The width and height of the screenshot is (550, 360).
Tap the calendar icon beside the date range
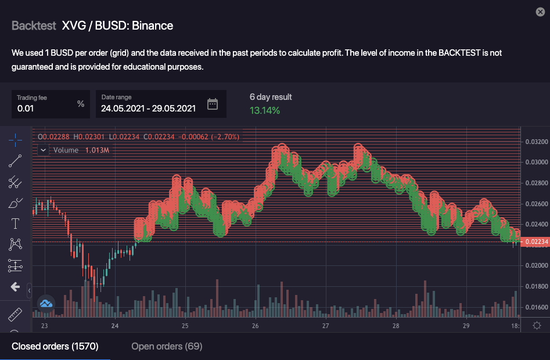coord(213,104)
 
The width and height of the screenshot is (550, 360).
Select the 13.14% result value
coord(265,110)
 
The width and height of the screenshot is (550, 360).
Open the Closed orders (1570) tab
coord(55,347)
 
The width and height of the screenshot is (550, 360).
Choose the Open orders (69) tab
coord(167,347)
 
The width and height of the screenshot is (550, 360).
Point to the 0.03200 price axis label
coord(535,141)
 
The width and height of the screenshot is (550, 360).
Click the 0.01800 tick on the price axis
coord(535,286)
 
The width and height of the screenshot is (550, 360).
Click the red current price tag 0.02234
coord(535,242)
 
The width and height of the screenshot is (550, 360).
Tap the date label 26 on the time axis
coord(256,326)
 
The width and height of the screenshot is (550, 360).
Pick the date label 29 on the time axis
coord(466,326)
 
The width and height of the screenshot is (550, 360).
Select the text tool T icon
coord(15,223)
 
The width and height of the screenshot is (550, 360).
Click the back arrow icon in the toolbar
coord(15,287)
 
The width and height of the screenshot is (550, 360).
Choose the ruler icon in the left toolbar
coord(15,315)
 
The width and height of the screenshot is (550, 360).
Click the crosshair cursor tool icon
coord(15,139)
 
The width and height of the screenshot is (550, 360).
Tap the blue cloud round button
coord(46,303)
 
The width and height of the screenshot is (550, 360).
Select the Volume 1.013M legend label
coord(81,150)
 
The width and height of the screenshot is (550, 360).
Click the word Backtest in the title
coord(34,26)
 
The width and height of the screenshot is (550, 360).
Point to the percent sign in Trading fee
coord(81,104)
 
